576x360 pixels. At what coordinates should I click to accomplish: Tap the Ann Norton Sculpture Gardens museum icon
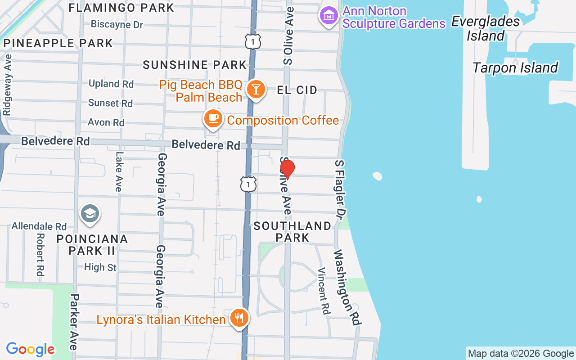[329, 16]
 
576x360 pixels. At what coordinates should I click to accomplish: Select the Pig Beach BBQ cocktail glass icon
[256, 89]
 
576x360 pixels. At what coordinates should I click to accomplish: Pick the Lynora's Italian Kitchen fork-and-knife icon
[238, 318]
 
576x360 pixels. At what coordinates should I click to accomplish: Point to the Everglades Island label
[486, 28]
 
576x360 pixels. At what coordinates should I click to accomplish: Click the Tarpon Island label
[515, 68]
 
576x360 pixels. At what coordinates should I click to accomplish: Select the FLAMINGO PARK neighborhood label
[121, 8]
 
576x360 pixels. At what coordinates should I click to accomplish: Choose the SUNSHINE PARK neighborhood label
[195, 65]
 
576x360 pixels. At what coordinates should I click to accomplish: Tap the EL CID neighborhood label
[297, 90]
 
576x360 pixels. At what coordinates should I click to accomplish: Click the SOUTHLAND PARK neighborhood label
[292, 231]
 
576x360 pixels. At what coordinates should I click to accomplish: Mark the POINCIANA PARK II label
[92, 244]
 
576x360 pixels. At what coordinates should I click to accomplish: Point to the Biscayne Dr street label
[117, 24]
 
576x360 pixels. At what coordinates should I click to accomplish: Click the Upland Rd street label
[111, 84]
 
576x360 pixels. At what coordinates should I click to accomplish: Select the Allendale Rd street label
[39, 226]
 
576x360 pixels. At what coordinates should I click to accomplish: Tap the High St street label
[100, 267]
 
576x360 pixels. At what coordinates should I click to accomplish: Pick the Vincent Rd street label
[324, 291]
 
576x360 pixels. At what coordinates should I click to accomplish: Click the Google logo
[30, 349]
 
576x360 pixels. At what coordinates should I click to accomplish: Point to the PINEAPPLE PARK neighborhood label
[58, 43]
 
